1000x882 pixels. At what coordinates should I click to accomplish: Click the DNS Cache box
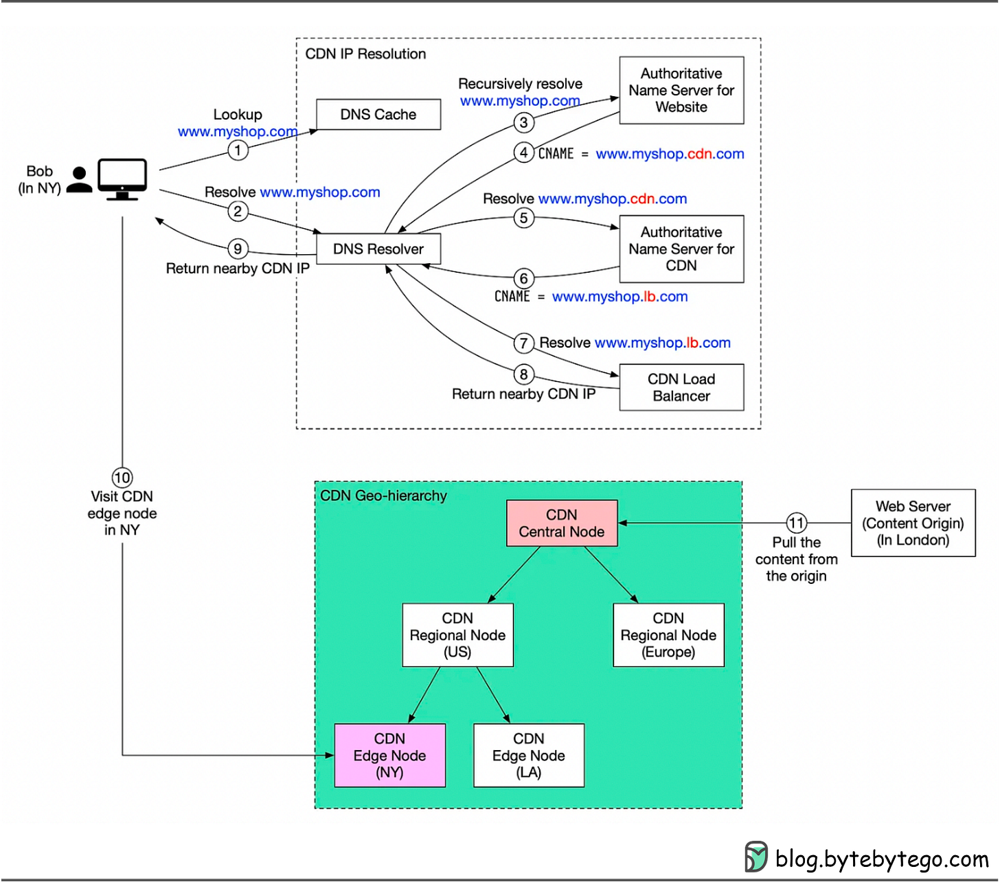tap(378, 115)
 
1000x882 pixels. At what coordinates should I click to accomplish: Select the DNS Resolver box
tap(378, 249)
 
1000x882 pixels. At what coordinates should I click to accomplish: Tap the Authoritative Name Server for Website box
tap(681, 91)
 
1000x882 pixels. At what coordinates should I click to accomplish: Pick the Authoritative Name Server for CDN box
tap(681, 249)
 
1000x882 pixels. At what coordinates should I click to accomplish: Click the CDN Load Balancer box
tap(681, 387)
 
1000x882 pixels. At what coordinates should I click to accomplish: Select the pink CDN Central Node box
tap(561, 523)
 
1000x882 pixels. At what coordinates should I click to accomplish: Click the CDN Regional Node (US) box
tap(457, 635)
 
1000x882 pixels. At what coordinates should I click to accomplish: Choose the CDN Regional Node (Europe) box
tap(668, 635)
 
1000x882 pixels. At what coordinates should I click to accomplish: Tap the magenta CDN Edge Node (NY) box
tap(389, 756)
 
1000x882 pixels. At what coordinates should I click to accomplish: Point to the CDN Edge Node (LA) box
tap(528, 756)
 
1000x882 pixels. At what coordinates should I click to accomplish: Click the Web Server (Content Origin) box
tap(913, 523)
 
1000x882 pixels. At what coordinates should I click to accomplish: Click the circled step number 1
tap(238, 150)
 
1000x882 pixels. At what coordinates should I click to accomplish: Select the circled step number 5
tap(523, 218)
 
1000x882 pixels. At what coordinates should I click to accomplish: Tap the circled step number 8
tap(523, 374)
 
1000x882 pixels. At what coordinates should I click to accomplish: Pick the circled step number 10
tap(122, 478)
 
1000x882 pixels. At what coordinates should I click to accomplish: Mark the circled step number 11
tap(796, 523)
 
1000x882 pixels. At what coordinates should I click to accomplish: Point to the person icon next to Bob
tap(80, 180)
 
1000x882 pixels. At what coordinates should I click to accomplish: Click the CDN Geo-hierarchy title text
tap(383, 496)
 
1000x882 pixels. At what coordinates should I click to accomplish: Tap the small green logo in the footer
tap(756, 857)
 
